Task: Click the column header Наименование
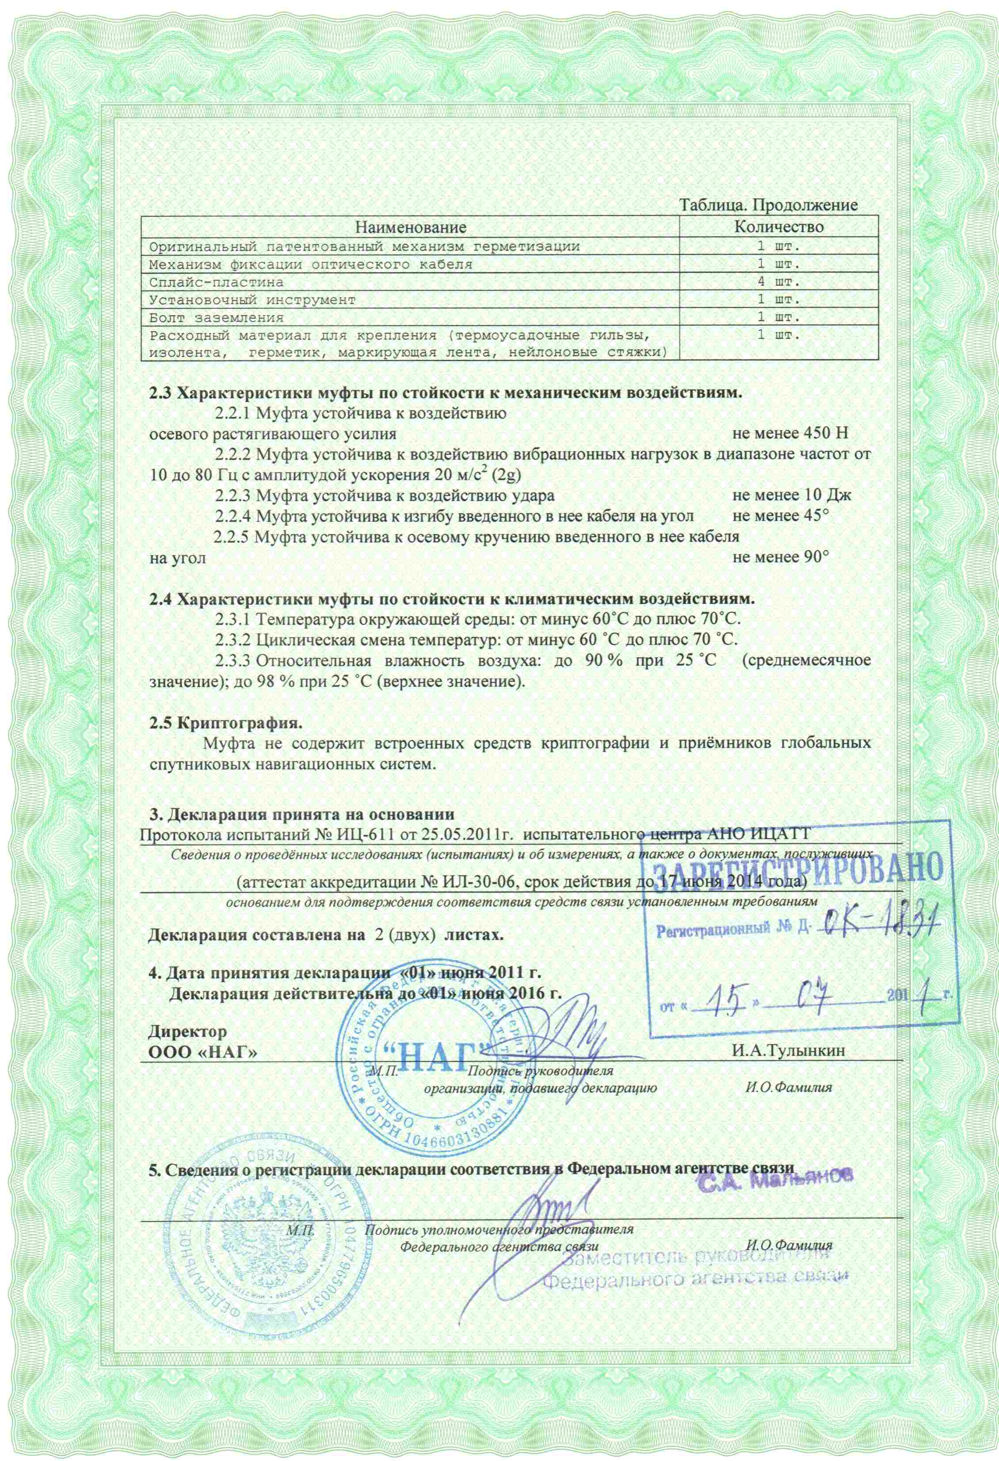pyautogui.click(x=409, y=226)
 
